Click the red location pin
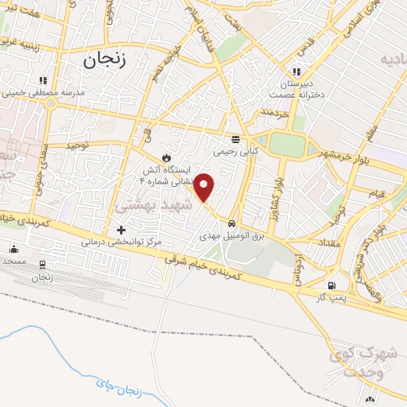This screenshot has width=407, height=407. (x=204, y=188)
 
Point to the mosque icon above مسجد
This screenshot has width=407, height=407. (x=14, y=248)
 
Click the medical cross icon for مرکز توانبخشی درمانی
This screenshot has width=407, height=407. (x=121, y=229)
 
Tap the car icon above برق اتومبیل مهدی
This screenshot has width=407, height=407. (x=231, y=223)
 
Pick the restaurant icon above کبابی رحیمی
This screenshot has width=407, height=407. (x=235, y=136)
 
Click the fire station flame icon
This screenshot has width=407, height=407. (x=166, y=156)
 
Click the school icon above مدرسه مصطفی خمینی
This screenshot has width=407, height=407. (x=44, y=80)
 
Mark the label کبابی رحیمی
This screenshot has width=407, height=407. (x=235, y=149)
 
